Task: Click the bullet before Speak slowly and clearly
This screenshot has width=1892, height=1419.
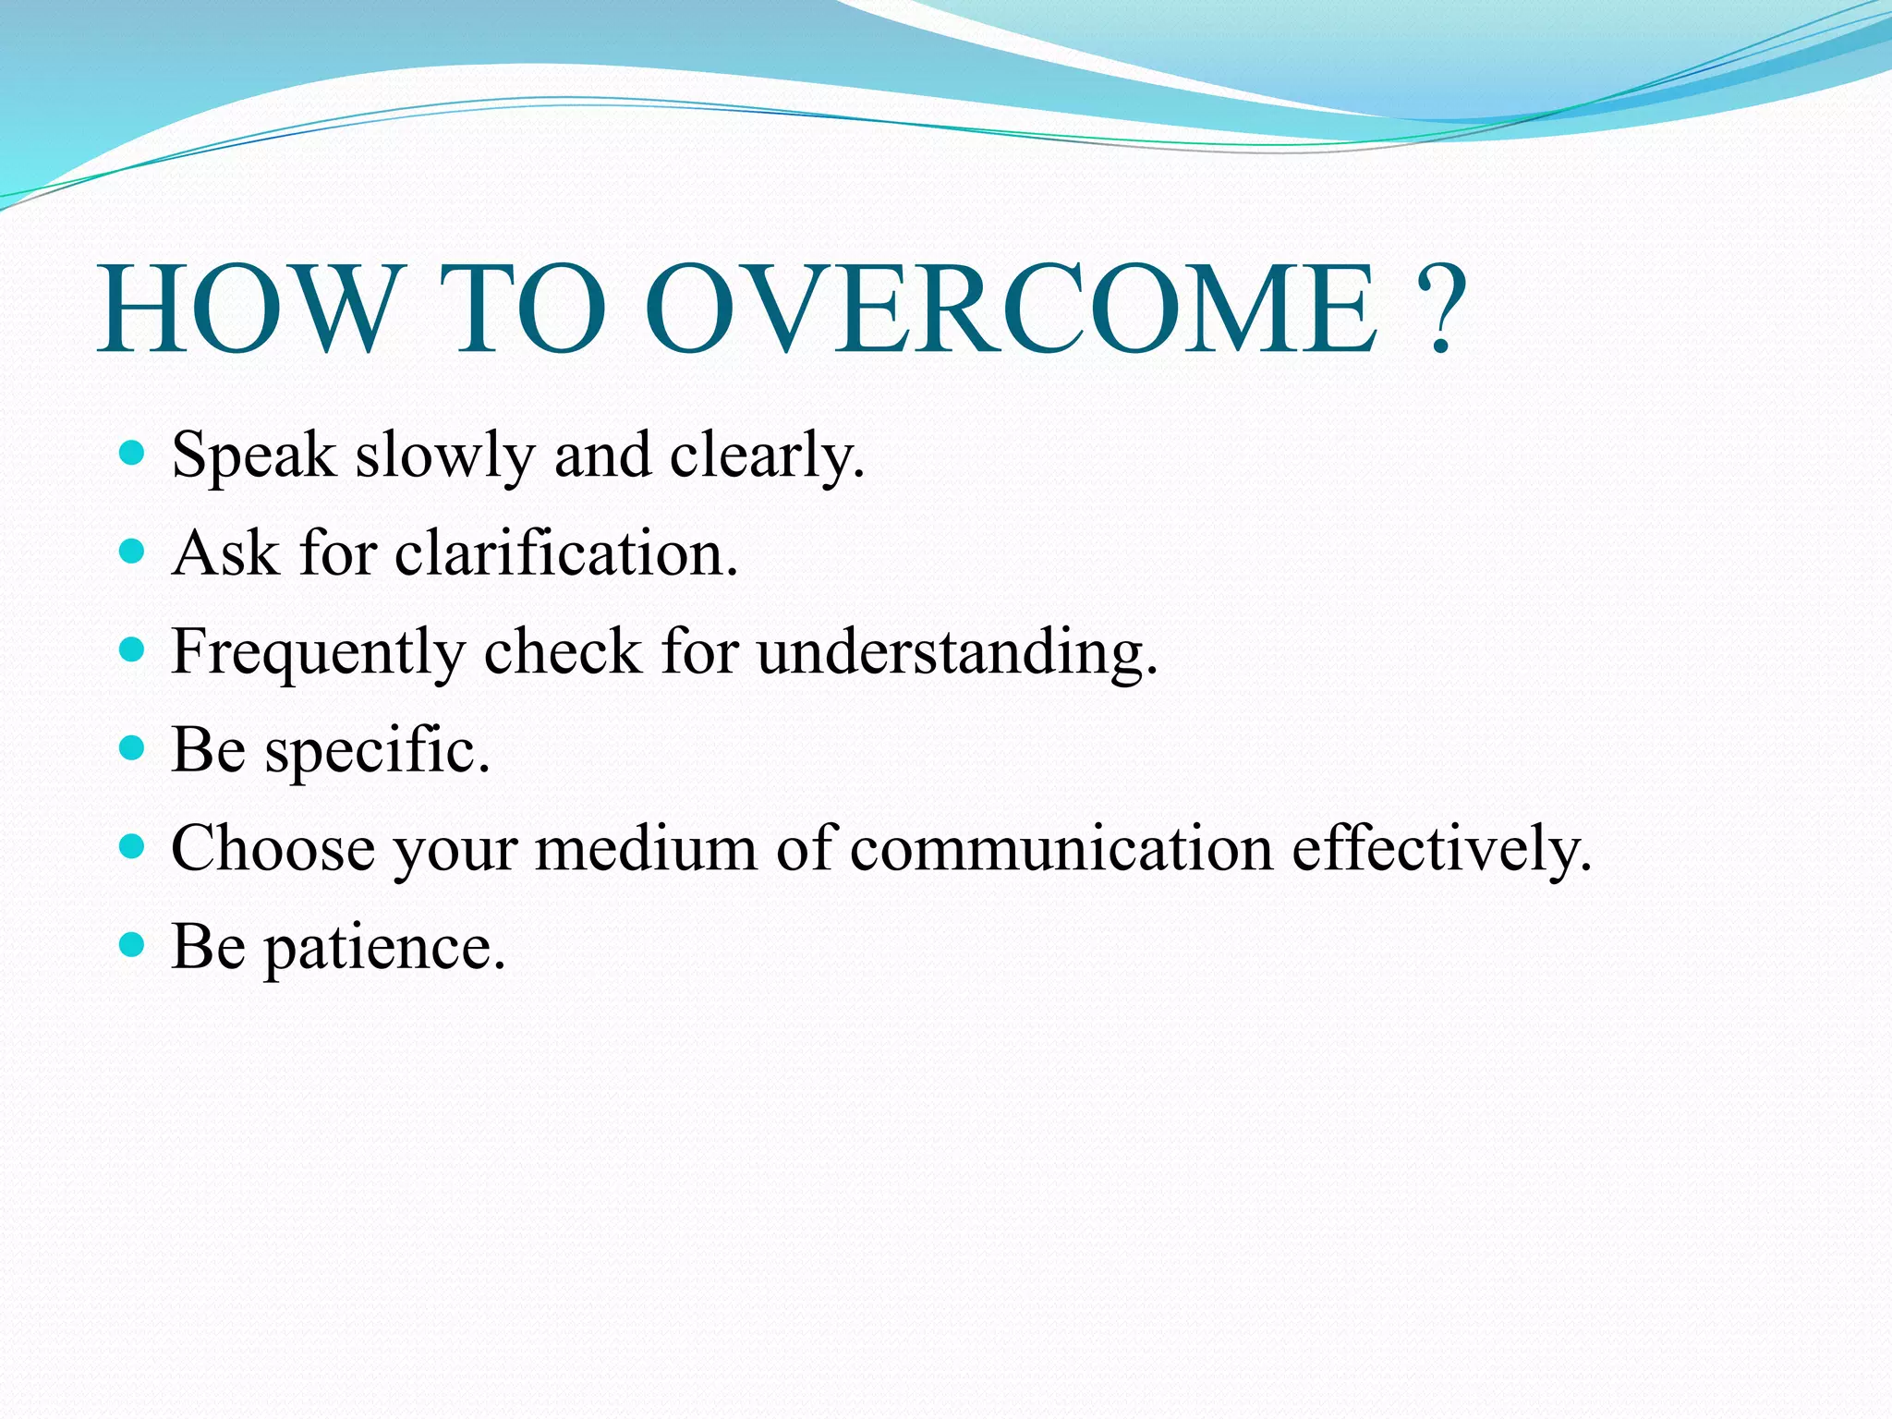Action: pyautogui.click(x=133, y=453)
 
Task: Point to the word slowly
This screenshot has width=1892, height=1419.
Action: pyautogui.click(x=444, y=457)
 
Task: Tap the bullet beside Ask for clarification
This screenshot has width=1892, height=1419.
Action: pyautogui.click(x=133, y=552)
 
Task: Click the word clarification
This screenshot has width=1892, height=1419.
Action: pyautogui.click(x=565, y=554)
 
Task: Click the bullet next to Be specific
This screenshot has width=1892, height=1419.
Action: pyautogui.click(x=133, y=747)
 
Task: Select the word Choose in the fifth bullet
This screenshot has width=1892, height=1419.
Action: pyautogui.click(x=273, y=848)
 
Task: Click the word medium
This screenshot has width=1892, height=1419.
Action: pyautogui.click(x=646, y=848)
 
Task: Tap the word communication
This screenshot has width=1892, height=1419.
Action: pyautogui.click(x=1061, y=848)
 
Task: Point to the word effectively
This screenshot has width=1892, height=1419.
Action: pyautogui.click(x=1440, y=848)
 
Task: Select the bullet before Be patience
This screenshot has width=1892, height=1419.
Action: pyautogui.click(x=133, y=944)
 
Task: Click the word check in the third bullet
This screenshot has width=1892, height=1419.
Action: pyautogui.click(x=562, y=652)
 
